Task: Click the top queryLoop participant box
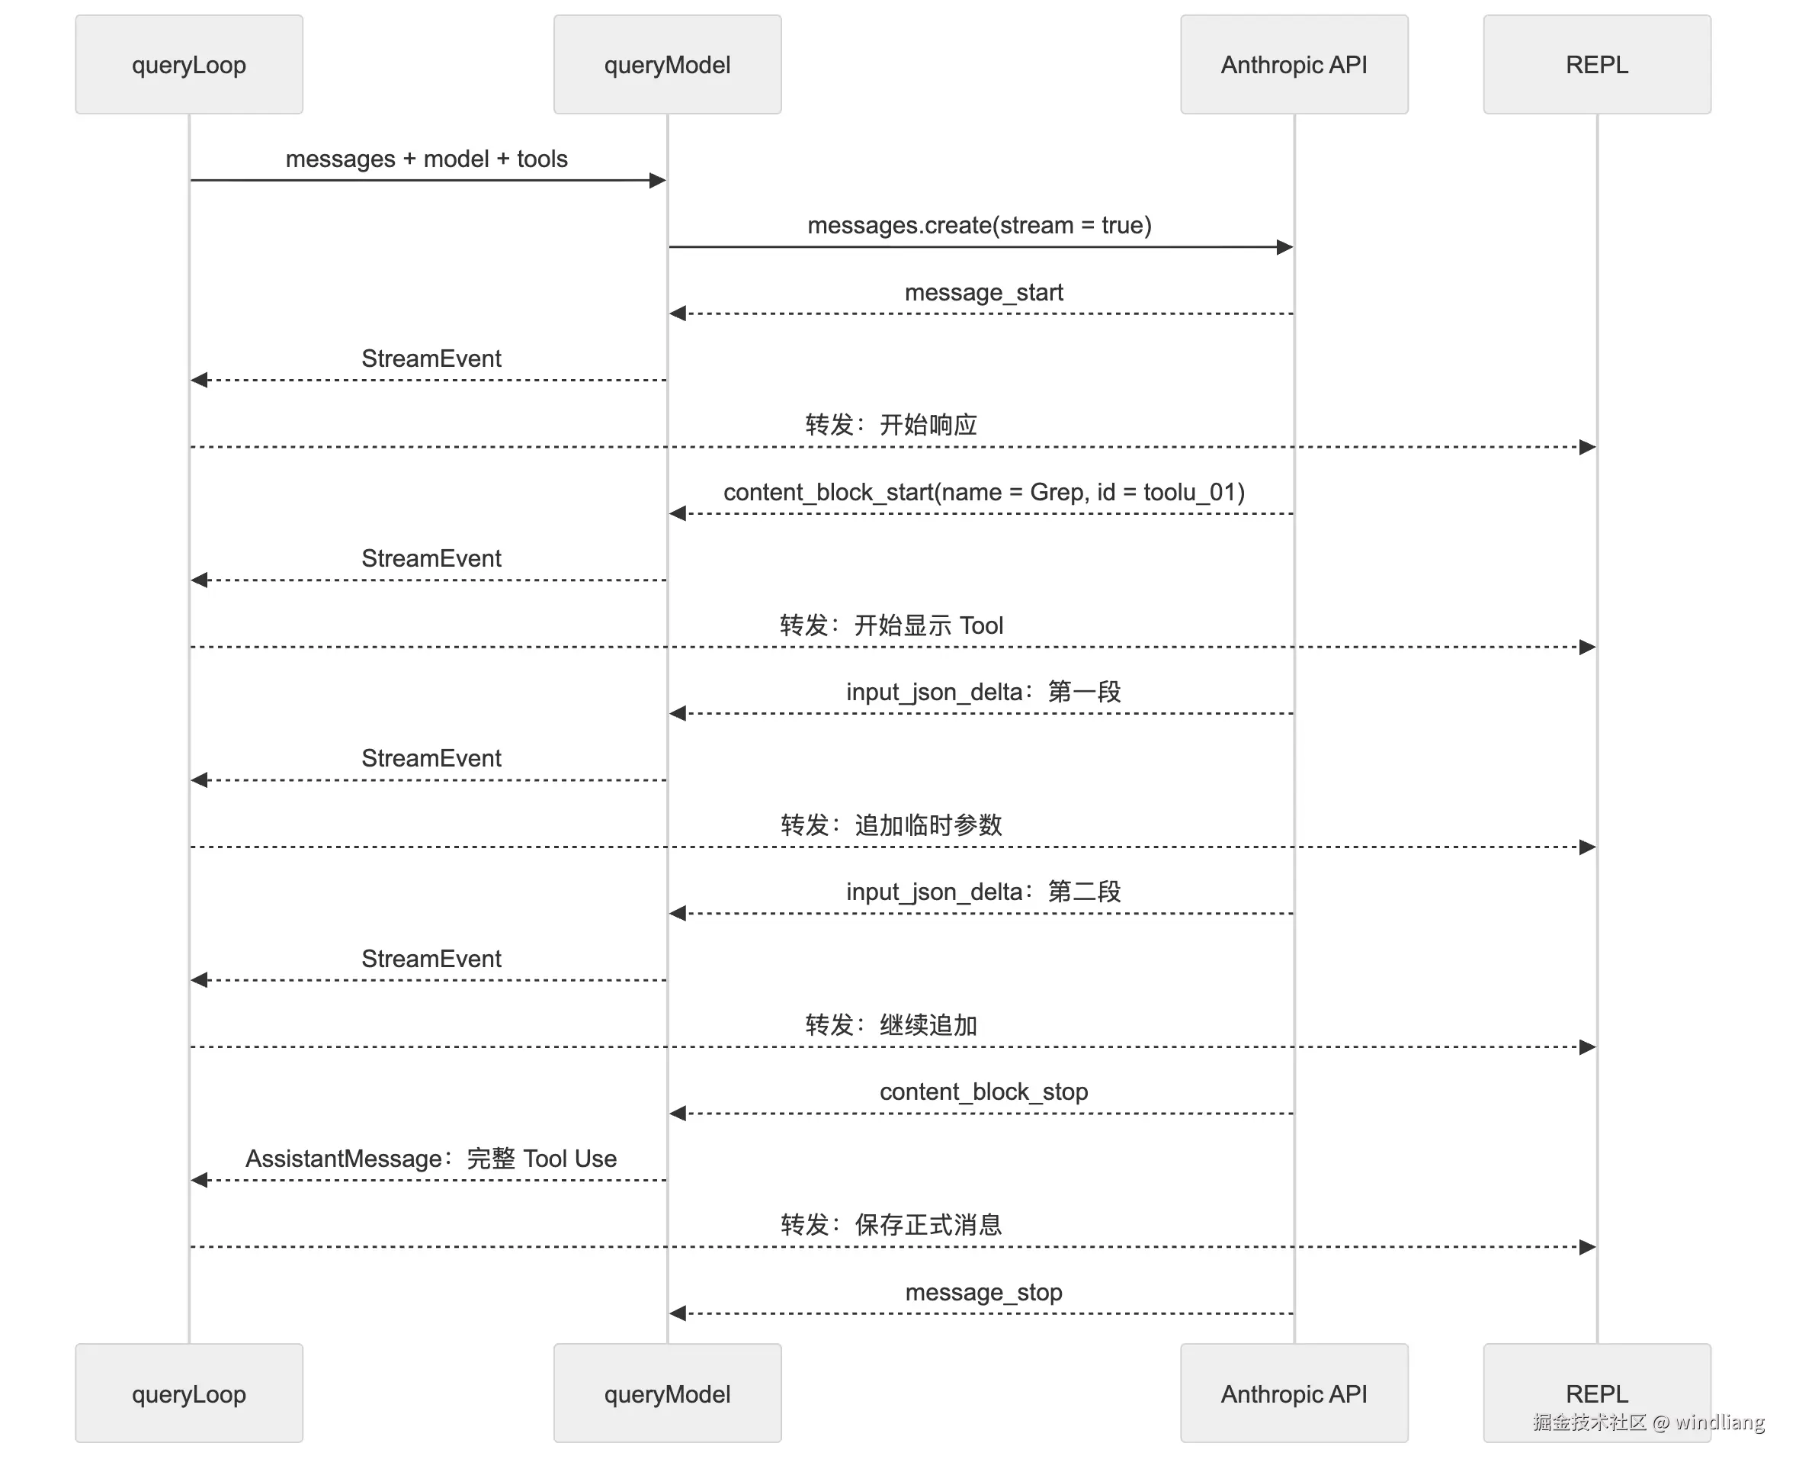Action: point(188,64)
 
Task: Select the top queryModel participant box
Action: point(667,64)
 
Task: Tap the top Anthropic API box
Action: point(1294,64)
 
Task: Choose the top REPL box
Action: point(1597,64)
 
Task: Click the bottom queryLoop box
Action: point(188,1393)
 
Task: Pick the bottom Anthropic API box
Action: point(1294,1393)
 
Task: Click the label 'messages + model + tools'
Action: point(427,159)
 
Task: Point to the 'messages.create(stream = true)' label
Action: point(980,225)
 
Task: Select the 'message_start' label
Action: point(983,292)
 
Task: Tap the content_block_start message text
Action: point(983,492)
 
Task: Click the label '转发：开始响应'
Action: point(891,425)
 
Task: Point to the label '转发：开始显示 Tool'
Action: point(891,625)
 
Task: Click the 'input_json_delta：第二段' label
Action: point(983,891)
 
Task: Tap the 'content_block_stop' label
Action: point(983,1091)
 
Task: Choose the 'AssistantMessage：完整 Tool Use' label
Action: point(431,1159)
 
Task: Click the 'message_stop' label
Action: point(983,1292)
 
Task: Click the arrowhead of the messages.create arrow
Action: point(1284,247)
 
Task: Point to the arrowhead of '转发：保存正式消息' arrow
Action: point(1588,1247)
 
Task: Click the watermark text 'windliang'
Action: point(1720,1422)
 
